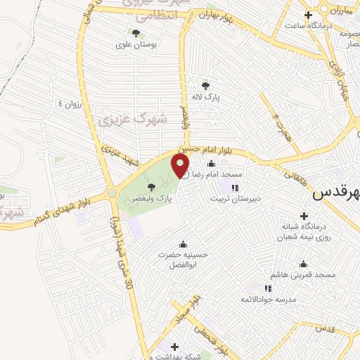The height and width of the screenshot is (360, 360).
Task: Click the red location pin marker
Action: click(x=181, y=167)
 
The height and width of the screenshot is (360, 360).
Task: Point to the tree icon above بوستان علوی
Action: click(x=135, y=32)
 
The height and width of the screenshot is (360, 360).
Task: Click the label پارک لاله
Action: click(x=205, y=98)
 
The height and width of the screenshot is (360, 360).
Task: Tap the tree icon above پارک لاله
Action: click(x=205, y=86)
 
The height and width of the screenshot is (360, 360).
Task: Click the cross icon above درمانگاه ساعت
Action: click(x=308, y=15)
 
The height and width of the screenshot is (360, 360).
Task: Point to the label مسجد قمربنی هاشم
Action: click(x=304, y=275)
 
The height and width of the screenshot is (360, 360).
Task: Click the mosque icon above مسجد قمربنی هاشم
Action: click(x=304, y=264)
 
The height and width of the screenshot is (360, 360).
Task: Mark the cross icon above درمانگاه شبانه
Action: click(x=304, y=216)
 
